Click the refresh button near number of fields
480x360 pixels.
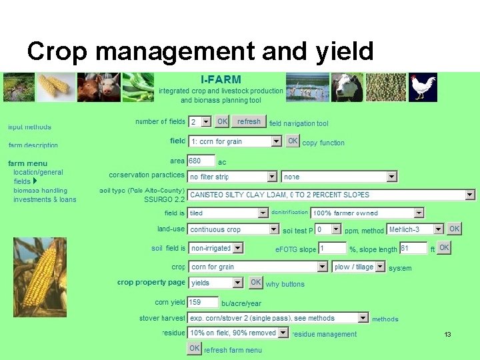pyautogui.click(x=249, y=121)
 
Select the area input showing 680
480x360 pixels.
pyautogui.click(x=201, y=161)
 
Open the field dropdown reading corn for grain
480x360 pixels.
pyautogui.click(x=235, y=141)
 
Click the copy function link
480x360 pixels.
pyautogui.click(x=323, y=143)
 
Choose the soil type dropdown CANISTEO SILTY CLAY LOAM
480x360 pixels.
pyautogui.click(x=331, y=195)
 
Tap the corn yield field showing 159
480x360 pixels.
pyautogui.click(x=203, y=302)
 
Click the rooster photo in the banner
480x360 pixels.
pyautogui.click(x=423, y=87)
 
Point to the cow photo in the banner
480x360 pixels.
pyautogui.click(x=347, y=87)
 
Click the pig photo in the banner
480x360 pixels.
pyautogui.click(x=98, y=87)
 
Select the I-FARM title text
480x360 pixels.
pyautogui.click(x=221, y=79)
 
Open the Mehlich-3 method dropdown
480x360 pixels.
pyautogui.click(x=415, y=229)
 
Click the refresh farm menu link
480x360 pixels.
pyautogui.click(x=233, y=350)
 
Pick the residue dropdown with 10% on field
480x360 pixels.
pyautogui.click(x=238, y=333)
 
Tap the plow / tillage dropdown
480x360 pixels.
pyautogui.click(x=359, y=267)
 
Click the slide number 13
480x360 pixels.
pyautogui.click(x=448, y=334)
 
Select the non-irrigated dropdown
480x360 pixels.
pyautogui.click(x=216, y=248)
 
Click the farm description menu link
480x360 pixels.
pyautogui.click(x=33, y=145)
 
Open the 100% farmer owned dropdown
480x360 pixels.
pyautogui.click(x=367, y=213)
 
